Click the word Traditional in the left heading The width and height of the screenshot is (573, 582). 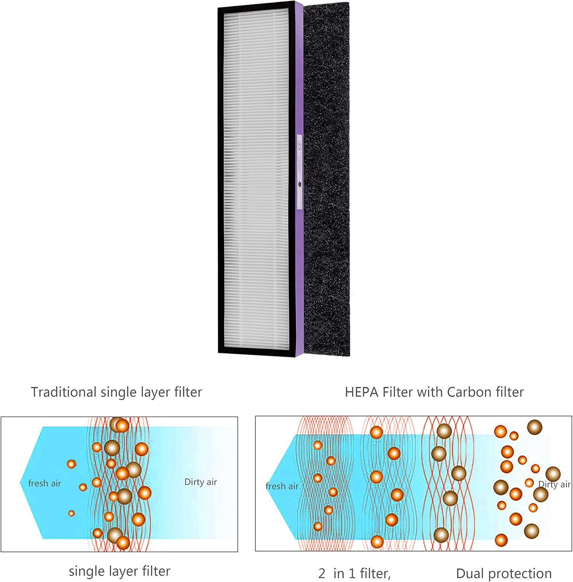[64, 392]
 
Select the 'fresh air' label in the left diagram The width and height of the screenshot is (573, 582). [45, 483]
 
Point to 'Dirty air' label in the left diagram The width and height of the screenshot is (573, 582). [200, 482]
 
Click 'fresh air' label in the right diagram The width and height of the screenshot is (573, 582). [282, 486]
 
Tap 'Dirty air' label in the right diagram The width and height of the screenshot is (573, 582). [554, 484]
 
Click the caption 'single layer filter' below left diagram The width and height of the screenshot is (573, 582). [119, 571]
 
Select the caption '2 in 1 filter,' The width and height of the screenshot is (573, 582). [354, 573]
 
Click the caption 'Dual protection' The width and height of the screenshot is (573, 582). [504, 573]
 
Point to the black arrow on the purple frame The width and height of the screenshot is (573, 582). [299, 184]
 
